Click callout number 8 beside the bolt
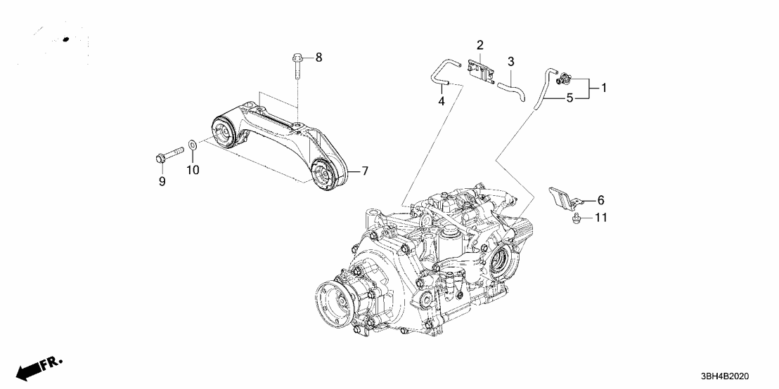click(x=318, y=57)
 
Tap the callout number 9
click(x=162, y=182)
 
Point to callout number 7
click(x=365, y=171)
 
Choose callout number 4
click(x=442, y=102)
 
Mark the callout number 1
click(x=603, y=88)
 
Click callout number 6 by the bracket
click(x=600, y=200)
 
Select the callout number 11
click(x=600, y=218)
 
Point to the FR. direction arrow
click(x=38, y=369)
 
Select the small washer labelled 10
click(x=193, y=148)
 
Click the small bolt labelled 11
click(x=576, y=219)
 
